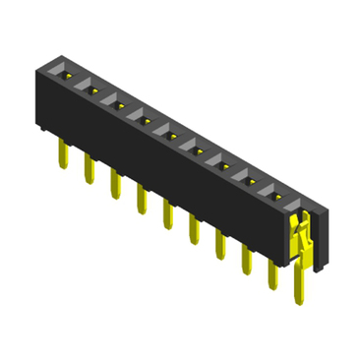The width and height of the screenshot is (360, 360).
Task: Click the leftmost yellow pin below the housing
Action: (x=62, y=150)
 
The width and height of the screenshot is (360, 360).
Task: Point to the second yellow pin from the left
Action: (x=89, y=166)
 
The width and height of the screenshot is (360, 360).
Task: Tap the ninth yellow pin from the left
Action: (x=271, y=275)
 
